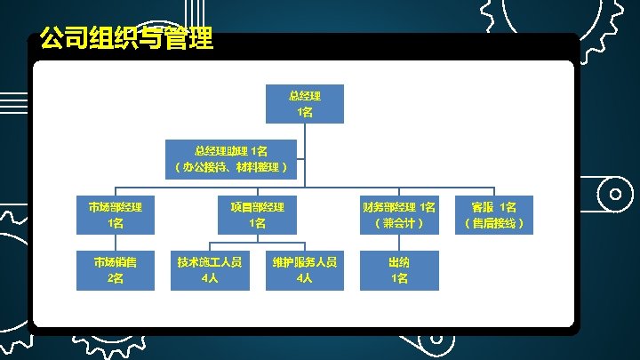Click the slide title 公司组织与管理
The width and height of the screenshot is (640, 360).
point(125,40)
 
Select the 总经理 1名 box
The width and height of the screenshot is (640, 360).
point(305,103)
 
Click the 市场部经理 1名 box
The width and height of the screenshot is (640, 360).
point(115,214)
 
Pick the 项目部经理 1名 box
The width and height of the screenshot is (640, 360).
point(257,214)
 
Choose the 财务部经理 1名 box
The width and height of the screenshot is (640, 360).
point(398,214)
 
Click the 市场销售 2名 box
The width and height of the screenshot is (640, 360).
point(115,269)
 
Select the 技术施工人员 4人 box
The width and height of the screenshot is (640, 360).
point(210,269)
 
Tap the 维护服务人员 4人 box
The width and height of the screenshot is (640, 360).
point(305,269)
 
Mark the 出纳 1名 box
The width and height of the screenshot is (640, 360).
point(399,269)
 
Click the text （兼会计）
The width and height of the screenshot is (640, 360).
point(398,223)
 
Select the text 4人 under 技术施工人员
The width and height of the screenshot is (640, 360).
point(210,278)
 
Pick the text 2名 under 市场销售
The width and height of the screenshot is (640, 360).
point(115,278)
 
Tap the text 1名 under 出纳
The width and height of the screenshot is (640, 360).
point(399,278)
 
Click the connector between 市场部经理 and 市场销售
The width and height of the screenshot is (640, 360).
point(115,243)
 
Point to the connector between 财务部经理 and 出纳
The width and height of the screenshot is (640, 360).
point(399,243)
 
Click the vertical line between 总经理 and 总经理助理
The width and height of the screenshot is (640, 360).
point(305,130)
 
